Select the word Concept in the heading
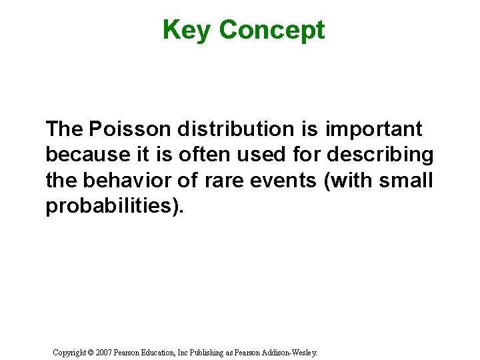point(271,30)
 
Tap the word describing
point(381,154)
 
